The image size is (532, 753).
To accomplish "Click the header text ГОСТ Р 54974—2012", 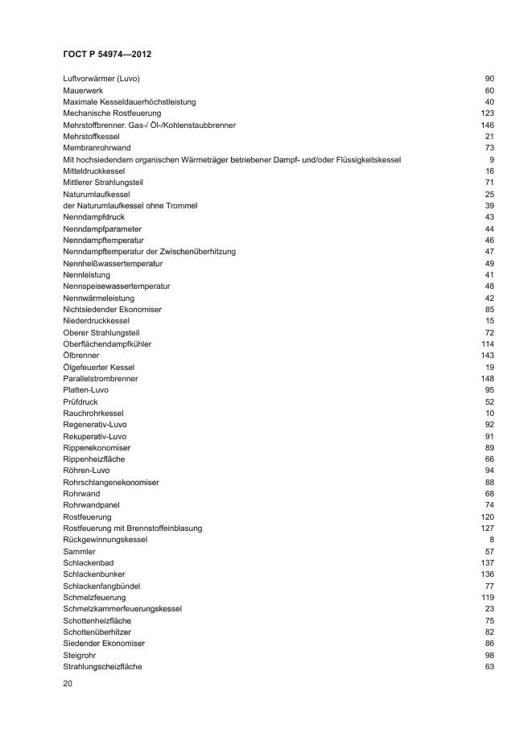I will (x=107, y=54).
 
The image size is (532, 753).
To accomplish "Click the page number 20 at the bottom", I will (x=68, y=683).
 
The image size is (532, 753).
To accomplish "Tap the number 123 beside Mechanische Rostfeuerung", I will (x=487, y=113).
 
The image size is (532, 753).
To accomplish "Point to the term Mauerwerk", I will (x=83, y=90).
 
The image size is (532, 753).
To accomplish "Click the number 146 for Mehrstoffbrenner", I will (x=487, y=125).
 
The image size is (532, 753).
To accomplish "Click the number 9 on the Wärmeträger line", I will (x=491, y=159).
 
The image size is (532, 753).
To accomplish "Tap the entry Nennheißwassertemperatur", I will (x=113, y=263).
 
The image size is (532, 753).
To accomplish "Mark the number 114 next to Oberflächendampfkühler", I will (x=487, y=344).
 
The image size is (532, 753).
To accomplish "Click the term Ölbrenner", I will (x=81, y=356).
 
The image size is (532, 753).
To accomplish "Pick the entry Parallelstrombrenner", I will (x=100, y=378).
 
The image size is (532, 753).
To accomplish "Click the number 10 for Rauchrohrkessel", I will (x=489, y=413).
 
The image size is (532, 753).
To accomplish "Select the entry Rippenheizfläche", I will (x=93, y=459).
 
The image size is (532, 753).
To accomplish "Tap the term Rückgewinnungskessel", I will (x=105, y=539).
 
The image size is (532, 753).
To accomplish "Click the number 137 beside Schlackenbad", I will (x=487, y=562).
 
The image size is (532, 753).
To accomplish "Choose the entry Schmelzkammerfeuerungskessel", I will (x=122, y=609).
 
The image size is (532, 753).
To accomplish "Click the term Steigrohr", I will (x=80, y=655).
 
